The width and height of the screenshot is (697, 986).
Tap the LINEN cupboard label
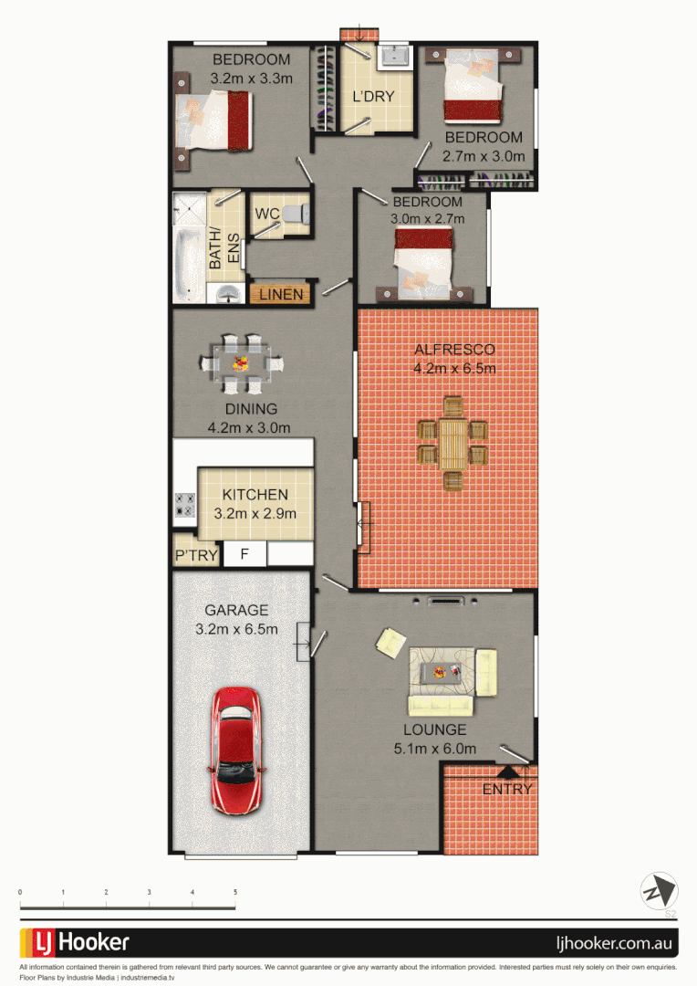(x=281, y=295)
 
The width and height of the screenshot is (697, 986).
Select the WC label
(x=266, y=214)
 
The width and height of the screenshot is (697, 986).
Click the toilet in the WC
(x=294, y=214)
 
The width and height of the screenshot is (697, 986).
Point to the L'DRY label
(x=373, y=96)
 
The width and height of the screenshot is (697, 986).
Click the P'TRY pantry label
(x=196, y=555)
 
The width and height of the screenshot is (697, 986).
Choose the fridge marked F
(x=244, y=553)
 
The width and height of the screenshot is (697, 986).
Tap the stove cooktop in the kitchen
(x=185, y=505)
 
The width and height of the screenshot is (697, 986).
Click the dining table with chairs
(x=242, y=362)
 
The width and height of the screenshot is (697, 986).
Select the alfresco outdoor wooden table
(x=453, y=443)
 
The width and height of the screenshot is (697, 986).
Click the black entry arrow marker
(x=506, y=771)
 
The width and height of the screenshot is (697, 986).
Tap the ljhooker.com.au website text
(x=615, y=943)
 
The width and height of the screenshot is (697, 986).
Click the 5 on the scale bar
(x=235, y=892)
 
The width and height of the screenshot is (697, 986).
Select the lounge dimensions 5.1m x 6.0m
(x=435, y=749)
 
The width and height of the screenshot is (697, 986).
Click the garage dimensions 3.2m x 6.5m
(x=236, y=629)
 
